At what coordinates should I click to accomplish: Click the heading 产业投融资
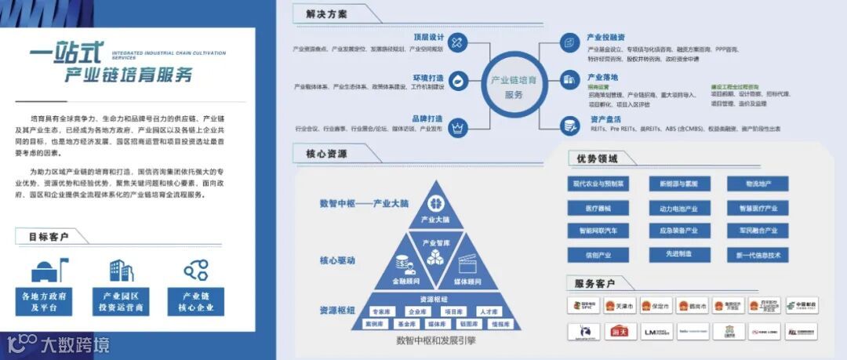tap(605, 37)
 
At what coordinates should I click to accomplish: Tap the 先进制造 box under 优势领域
tap(678, 254)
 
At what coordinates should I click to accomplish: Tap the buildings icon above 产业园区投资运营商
tap(121, 271)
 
